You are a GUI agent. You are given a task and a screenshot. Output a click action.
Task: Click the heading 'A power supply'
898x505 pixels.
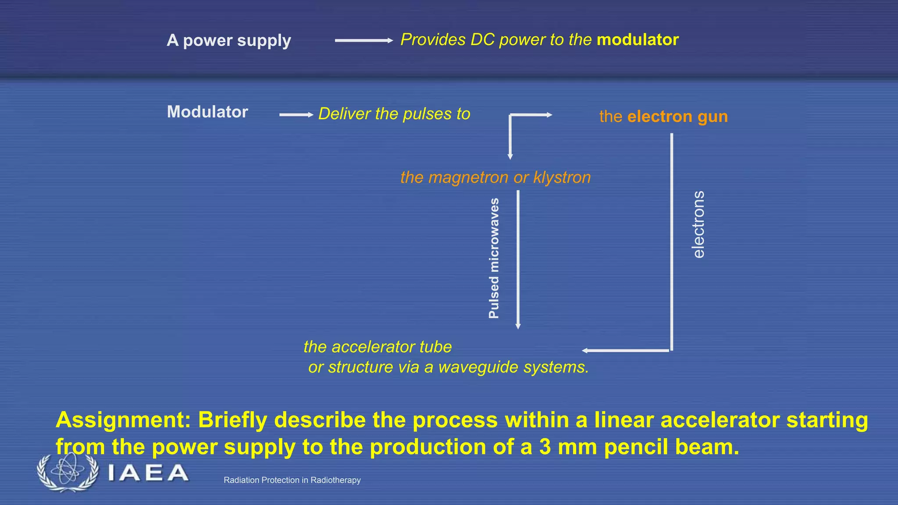click(x=228, y=40)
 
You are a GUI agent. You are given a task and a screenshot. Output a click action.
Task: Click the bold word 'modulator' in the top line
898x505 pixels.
click(x=638, y=40)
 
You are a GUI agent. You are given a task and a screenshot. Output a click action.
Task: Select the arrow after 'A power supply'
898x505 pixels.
click(x=363, y=40)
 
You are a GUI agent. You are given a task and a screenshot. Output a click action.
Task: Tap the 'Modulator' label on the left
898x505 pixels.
click(x=207, y=112)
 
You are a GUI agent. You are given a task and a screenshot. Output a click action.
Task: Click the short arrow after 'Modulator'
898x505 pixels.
click(x=296, y=115)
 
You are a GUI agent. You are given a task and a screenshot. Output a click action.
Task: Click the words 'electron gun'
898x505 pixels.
click(x=677, y=117)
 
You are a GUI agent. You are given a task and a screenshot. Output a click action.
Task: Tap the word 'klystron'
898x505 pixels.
click(x=562, y=178)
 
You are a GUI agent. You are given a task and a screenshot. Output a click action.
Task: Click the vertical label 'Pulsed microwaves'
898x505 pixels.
click(x=494, y=259)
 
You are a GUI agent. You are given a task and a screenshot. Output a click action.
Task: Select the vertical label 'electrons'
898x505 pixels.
click(x=698, y=224)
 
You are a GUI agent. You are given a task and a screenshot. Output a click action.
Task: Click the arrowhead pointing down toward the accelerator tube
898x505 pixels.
click(x=518, y=326)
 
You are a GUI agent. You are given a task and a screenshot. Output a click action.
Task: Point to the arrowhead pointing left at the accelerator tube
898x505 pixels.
click(x=585, y=350)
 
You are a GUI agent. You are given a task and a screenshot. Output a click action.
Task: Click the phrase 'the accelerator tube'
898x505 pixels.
click(x=378, y=347)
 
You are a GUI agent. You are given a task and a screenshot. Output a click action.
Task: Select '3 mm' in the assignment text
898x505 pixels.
click(x=568, y=447)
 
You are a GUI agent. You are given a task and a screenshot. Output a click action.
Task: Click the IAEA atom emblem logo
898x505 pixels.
click(x=67, y=472)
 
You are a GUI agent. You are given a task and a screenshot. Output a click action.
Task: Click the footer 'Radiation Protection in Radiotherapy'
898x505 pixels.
click(x=292, y=480)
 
